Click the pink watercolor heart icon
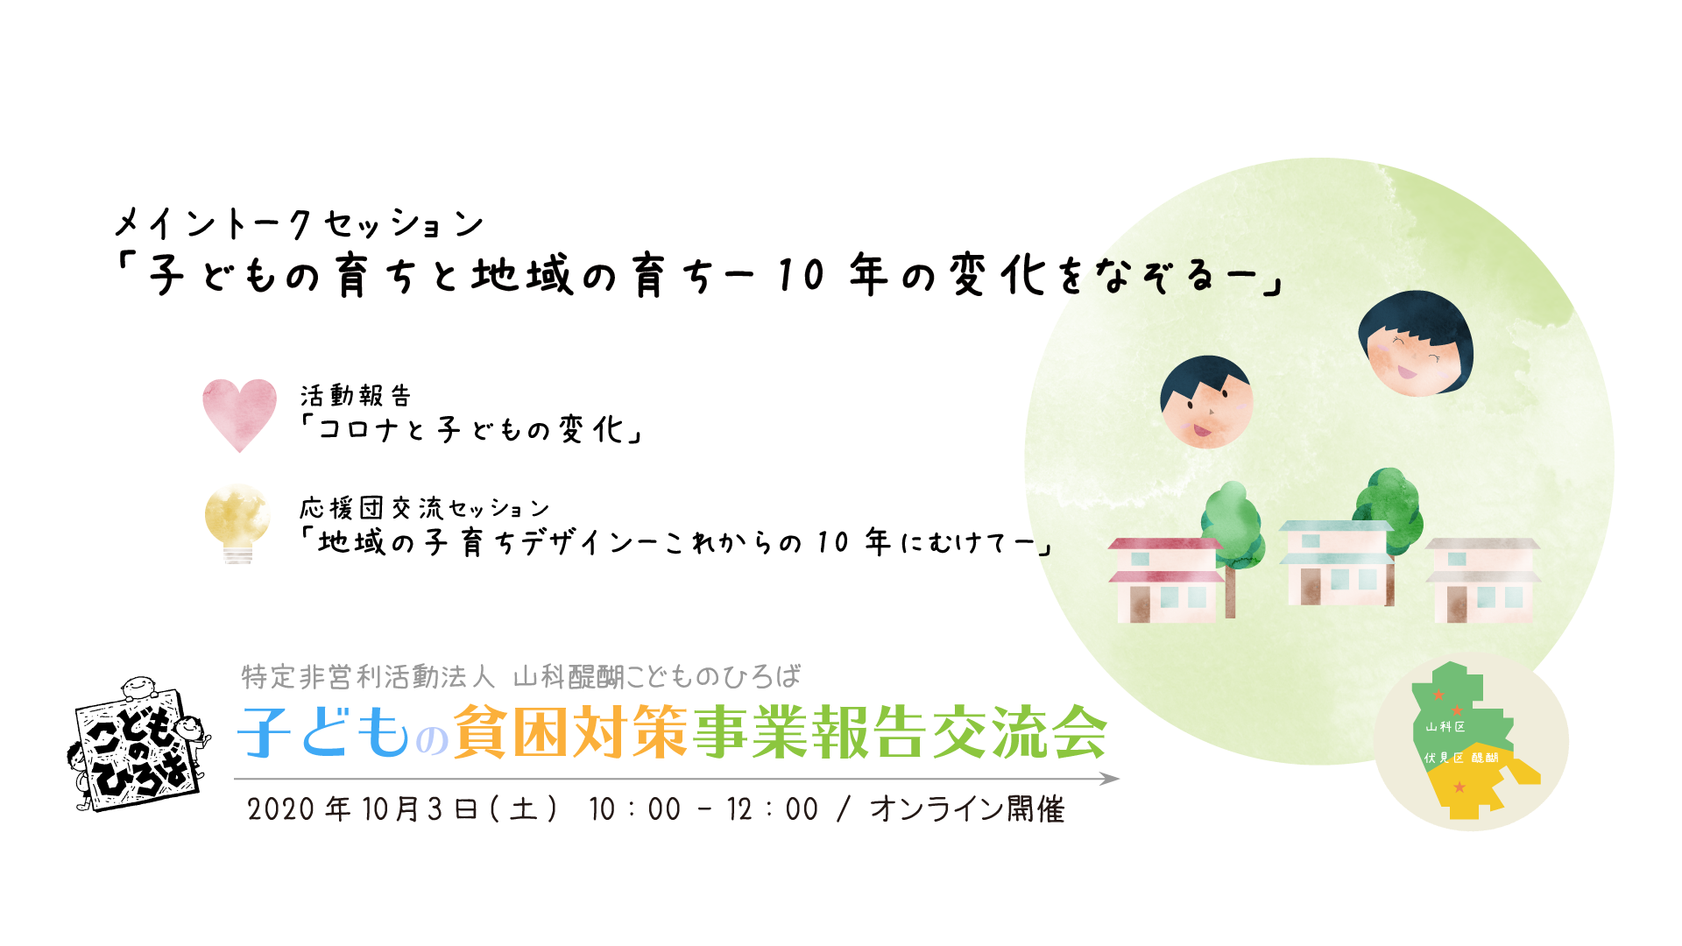(239, 414)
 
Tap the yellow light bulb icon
(237, 523)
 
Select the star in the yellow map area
(1459, 787)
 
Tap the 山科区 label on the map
(1445, 726)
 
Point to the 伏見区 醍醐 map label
(1460, 758)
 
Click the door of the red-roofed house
(1140, 604)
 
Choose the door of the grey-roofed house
(1456, 604)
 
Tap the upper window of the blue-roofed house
(1311, 540)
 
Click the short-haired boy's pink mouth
(1200, 430)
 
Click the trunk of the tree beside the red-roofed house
(1230, 591)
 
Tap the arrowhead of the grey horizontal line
(1110, 779)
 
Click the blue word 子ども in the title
(324, 732)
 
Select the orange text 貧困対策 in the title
(570, 732)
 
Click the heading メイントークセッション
(299, 223)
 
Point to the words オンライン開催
(966, 808)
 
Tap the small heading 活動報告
(355, 396)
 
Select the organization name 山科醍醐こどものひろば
(656, 677)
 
